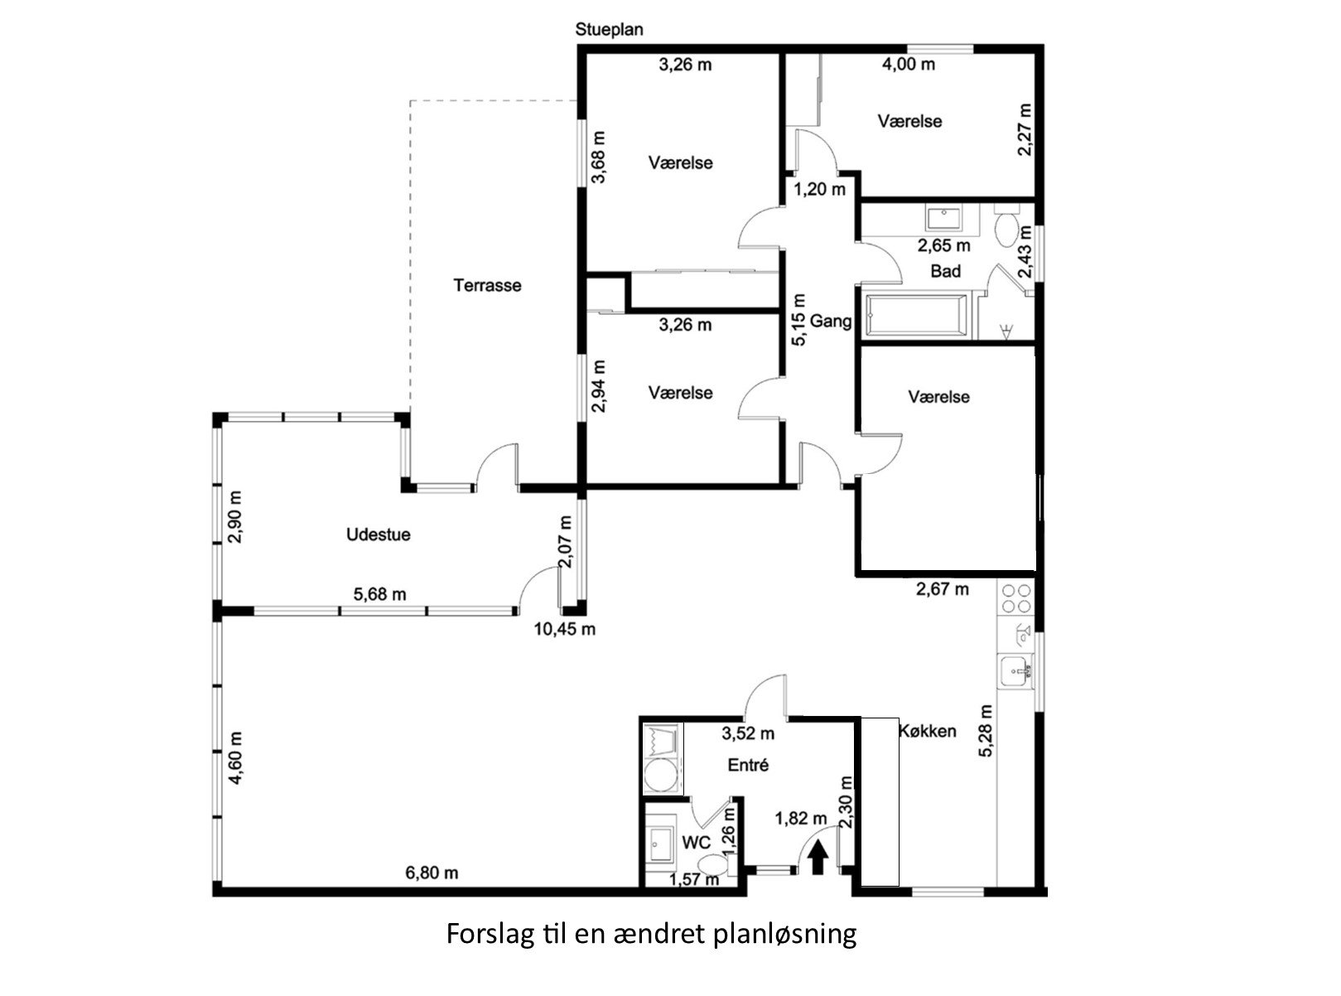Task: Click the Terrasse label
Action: [x=487, y=285]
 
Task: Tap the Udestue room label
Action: [x=379, y=534]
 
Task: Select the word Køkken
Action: [x=927, y=731]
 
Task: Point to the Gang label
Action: [x=831, y=321]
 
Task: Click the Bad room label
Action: [x=946, y=271]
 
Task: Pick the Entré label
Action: [x=749, y=765]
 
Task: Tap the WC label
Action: [x=697, y=843]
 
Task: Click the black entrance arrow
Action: [x=818, y=858]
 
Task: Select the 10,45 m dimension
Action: [x=565, y=629]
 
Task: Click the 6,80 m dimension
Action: [x=432, y=873]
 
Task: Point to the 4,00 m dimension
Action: [x=908, y=64]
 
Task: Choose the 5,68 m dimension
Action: [x=379, y=594]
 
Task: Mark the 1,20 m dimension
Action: [x=819, y=190]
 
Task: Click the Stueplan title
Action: [x=609, y=29]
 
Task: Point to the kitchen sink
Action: [x=1016, y=672]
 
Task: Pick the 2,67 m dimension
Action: [x=942, y=589]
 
